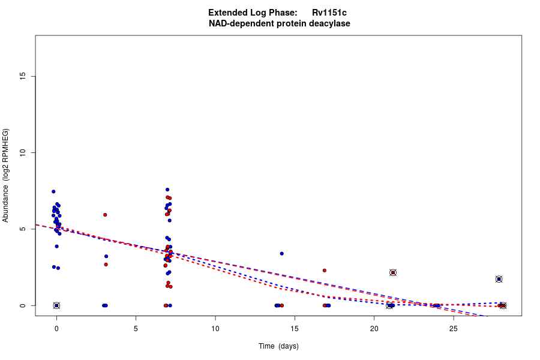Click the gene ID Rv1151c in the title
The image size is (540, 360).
coord(329,13)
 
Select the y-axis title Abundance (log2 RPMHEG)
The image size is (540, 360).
coord(6,175)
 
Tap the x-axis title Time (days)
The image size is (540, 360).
coord(278,346)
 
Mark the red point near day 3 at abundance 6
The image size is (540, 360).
coord(105,215)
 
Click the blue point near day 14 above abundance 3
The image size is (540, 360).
coord(281,253)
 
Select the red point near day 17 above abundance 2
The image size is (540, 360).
coord(324,271)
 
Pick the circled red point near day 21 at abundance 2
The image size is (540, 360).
coord(393,272)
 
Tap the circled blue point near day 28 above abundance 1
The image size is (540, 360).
coord(499,279)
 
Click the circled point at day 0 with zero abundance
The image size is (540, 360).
coord(56,305)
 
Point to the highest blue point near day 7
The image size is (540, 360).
coord(167,190)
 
